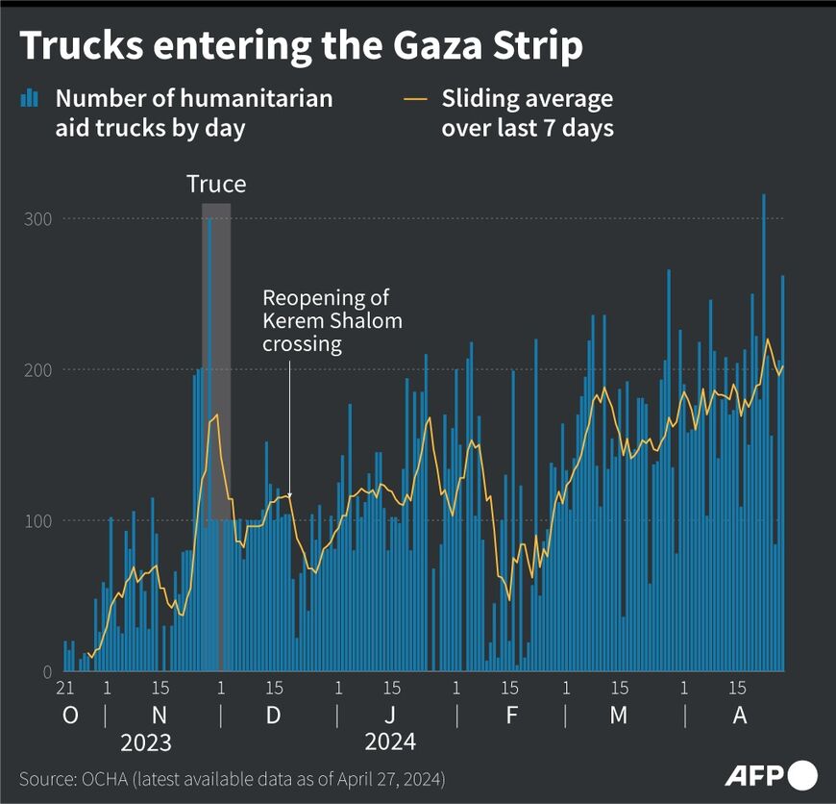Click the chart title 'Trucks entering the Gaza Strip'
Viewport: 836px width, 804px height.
pos(301,46)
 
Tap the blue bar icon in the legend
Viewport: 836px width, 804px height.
pos(31,98)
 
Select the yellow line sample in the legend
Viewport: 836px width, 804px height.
pos(416,98)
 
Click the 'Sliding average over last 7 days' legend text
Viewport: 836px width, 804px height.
pos(527,113)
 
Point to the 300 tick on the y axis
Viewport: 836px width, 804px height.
pos(37,219)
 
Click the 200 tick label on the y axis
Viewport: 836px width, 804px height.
pos(37,370)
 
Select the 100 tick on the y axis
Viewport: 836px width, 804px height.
pos(37,521)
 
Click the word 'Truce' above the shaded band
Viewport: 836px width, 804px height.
pos(216,184)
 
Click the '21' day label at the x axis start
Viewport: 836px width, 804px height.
pos(65,689)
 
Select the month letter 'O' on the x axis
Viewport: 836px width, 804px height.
pos(70,716)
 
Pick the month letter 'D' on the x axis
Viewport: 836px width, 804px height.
pos(274,716)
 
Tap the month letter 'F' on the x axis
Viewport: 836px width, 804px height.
pos(510,716)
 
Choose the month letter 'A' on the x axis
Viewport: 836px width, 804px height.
pos(739,716)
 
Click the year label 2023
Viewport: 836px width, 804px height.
pos(146,742)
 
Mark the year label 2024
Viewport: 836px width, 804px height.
pos(389,742)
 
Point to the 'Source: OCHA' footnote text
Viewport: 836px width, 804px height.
pos(232,777)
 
